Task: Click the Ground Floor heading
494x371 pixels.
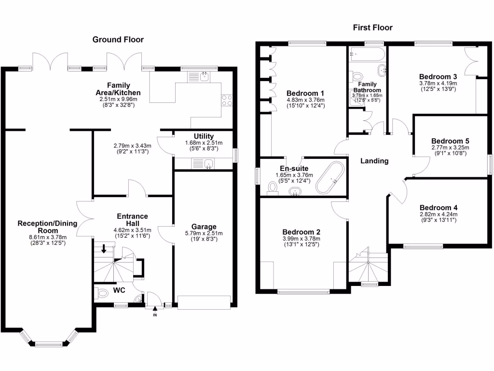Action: [x=118, y=40]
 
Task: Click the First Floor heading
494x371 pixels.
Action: [x=373, y=28]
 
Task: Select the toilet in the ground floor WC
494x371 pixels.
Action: [x=102, y=293]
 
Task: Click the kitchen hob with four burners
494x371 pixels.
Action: [x=226, y=100]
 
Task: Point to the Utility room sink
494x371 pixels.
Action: [x=208, y=164]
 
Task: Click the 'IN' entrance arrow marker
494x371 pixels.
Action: [x=155, y=312]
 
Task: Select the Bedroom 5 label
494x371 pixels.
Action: [x=450, y=141]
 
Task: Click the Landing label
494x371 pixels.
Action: [x=374, y=161]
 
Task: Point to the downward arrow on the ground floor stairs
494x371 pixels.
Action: [x=104, y=249]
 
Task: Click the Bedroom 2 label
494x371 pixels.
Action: [x=300, y=231]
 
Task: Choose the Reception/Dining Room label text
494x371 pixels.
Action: [x=42, y=227]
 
